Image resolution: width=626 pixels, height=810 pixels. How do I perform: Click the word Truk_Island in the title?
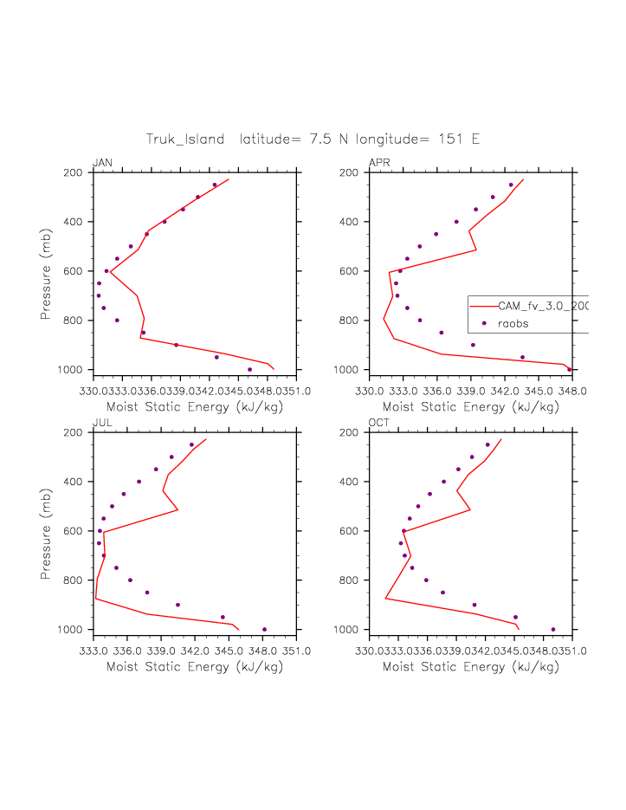184,139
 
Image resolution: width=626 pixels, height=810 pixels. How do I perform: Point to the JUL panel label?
102,424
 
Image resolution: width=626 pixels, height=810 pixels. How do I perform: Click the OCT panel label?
379,424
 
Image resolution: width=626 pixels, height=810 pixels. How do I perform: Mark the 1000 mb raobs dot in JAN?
250,370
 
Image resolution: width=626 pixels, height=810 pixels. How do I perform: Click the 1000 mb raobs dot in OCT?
553,630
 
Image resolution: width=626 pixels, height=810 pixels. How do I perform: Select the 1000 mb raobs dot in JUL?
265,630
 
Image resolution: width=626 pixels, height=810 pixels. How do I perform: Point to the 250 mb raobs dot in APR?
511,185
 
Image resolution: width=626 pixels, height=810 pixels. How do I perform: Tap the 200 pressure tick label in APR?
350,173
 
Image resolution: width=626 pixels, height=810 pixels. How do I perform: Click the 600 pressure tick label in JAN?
73,271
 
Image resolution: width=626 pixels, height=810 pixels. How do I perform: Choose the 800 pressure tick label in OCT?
350,580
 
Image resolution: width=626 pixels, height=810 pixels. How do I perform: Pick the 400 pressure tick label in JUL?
73,482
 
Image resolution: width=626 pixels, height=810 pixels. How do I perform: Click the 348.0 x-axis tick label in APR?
571,391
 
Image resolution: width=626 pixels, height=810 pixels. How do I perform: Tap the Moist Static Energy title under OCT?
470,667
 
